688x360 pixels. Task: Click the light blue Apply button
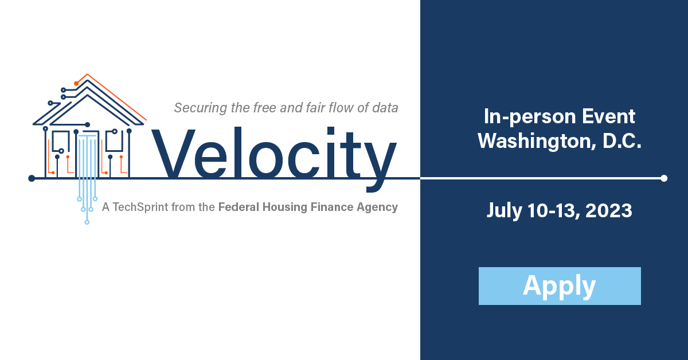[560, 286]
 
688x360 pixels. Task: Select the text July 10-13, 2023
[560, 211]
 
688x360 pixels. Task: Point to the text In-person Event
[560, 117]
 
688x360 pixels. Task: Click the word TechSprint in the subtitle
[140, 208]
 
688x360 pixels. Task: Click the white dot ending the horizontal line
[664, 178]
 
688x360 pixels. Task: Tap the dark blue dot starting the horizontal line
[32, 178]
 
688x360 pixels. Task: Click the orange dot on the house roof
[76, 84]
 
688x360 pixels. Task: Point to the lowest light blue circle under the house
[87, 222]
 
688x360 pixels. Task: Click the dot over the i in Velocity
[330, 131]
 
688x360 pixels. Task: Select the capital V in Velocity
[174, 153]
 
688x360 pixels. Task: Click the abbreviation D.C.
[622, 140]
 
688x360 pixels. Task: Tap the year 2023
[609, 211]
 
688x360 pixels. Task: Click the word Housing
[285, 208]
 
